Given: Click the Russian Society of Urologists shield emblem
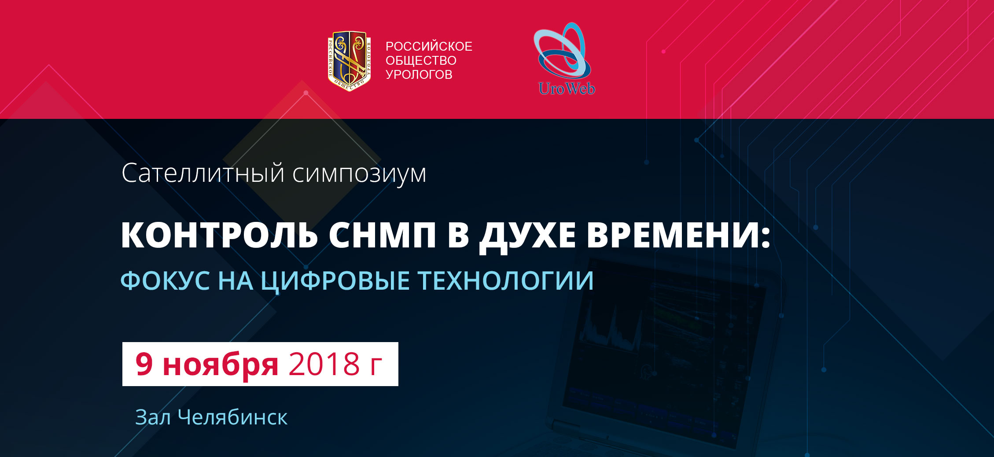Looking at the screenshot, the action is pyautogui.click(x=350, y=61).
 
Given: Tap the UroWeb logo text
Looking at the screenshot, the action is pyautogui.click(x=567, y=88).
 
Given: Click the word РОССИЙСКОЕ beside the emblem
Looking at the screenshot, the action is pyautogui.click(x=429, y=46).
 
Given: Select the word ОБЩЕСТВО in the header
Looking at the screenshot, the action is pyautogui.click(x=421, y=60).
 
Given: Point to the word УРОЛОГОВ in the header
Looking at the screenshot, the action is pyautogui.click(x=419, y=74).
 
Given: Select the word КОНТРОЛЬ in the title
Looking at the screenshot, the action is pyautogui.click(x=219, y=235).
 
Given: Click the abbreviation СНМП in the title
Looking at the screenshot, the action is pyautogui.click(x=382, y=235).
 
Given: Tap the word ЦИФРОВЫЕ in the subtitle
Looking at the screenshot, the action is pyautogui.click(x=335, y=281).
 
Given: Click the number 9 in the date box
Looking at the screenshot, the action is pyautogui.click(x=144, y=364).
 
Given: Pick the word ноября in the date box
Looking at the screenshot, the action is pyautogui.click(x=221, y=365).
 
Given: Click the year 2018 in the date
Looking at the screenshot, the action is pyautogui.click(x=324, y=364).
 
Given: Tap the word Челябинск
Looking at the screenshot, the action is pyautogui.click(x=233, y=417).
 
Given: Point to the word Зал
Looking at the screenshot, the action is pyautogui.click(x=153, y=417).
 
